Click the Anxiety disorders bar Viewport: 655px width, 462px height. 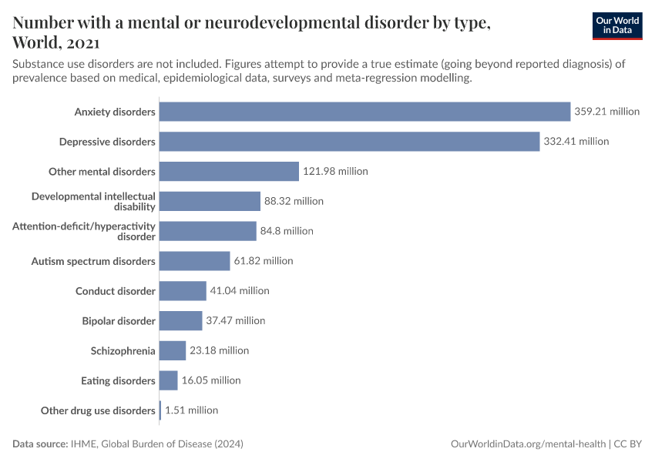tap(364, 112)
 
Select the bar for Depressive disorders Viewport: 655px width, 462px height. tap(349, 142)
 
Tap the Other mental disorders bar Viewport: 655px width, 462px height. tap(229, 171)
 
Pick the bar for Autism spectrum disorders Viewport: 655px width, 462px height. tap(195, 261)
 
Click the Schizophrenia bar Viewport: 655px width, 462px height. tap(173, 350)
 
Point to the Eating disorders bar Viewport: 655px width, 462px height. tap(169, 380)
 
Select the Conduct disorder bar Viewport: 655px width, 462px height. tap(183, 291)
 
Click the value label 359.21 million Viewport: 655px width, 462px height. tap(606, 112)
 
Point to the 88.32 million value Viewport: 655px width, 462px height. tap(294, 201)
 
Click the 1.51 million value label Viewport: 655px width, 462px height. tap(191, 410)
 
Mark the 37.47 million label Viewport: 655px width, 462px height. tap(235, 320)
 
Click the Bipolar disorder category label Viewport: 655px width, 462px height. tap(119, 320)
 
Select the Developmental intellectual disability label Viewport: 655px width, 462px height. tap(93, 201)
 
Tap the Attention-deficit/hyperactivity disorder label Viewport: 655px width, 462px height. tap(84, 231)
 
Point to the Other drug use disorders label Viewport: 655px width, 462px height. tap(98, 410)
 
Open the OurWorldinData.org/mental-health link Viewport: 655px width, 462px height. tap(529, 444)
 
